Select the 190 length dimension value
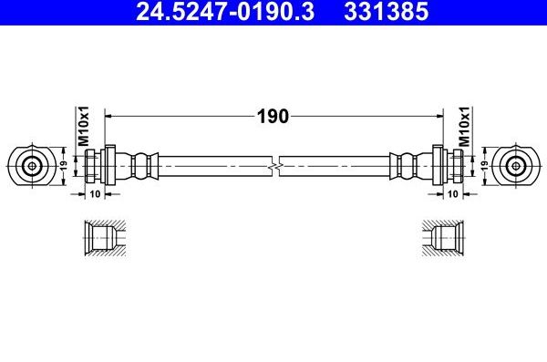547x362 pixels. point(272,116)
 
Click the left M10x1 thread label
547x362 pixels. point(81,127)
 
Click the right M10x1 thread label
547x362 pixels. point(463,127)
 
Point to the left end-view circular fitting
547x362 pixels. point(31,166)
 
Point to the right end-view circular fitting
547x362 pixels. point(516,166)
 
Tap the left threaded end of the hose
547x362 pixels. point(95,166)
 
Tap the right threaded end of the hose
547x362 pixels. point(452,166)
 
